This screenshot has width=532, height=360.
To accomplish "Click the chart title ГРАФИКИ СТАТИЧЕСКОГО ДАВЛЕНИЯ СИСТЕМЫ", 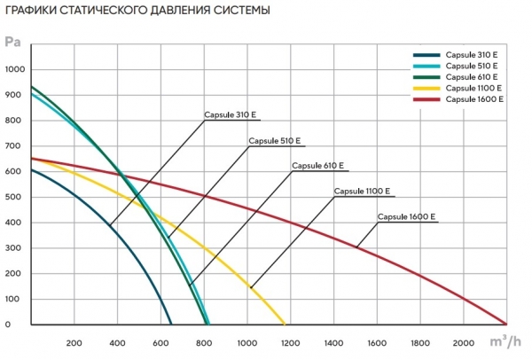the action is tap(137, 10).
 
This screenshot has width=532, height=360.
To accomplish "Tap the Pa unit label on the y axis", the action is tap(12, 42).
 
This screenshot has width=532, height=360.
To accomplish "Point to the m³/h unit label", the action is tap(505, 341).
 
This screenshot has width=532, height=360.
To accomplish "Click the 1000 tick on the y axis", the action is tap(15, 69).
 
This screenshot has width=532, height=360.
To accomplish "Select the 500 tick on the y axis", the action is tap(15, 197).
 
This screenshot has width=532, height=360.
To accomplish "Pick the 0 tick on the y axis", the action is tap(8, 325).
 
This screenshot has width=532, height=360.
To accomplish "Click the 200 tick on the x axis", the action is tap(74, 343).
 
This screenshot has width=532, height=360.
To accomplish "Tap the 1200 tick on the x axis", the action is tap(290, 343).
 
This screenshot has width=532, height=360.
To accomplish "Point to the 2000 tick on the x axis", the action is tap(464, 343).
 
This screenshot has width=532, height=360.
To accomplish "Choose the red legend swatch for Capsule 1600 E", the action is tap(426, 99).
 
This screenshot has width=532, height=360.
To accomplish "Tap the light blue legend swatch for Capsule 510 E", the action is tap(426, 66).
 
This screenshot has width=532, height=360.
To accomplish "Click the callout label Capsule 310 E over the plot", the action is tap(230, 115).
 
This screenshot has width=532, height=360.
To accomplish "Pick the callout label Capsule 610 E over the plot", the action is tap(318, 166).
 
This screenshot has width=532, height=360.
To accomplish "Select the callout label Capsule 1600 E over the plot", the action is tap(406, 216).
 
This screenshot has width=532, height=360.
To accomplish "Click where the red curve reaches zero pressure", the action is tap(506, 324).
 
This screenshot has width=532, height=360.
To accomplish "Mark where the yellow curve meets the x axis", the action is tap(285, 324).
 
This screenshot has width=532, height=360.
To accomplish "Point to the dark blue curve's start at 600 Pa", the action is tap(32, 169).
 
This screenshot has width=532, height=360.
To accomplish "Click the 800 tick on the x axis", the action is tap(204, 343).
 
